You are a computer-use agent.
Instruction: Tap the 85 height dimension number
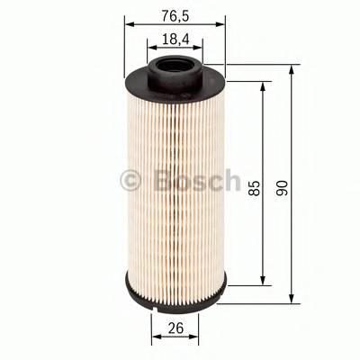coord(255,186)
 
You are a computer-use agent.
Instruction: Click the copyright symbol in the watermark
coord(131,181)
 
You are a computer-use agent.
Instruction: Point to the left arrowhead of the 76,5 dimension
coord(126,26)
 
